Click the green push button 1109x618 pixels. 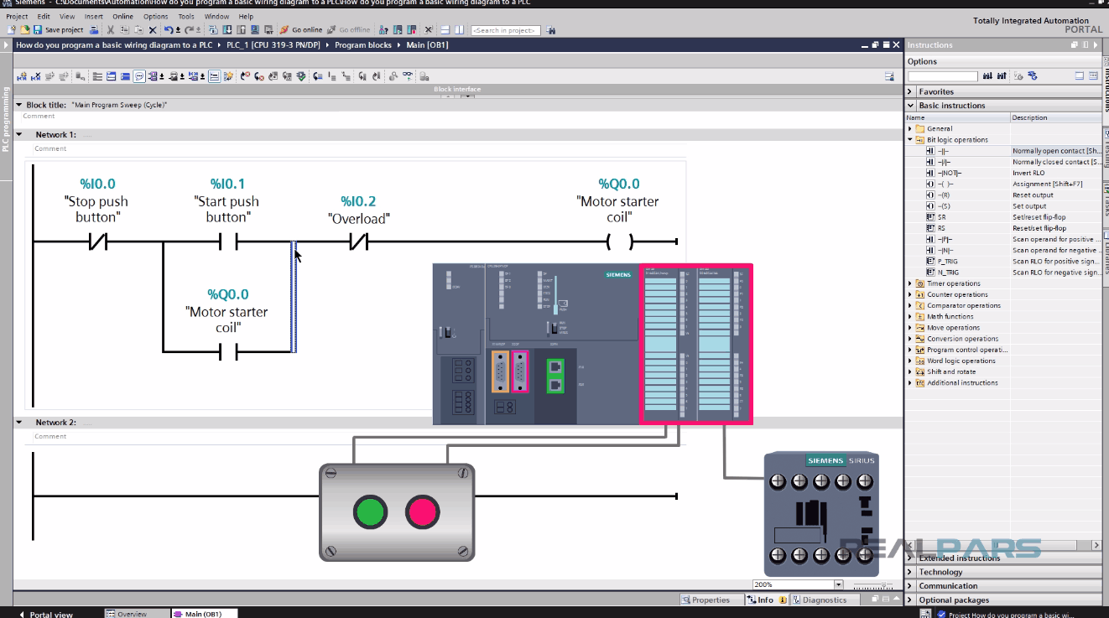(x=370, y=512)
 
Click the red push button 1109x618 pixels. (x=422, y=512)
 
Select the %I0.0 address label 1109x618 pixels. (x=97, y=184)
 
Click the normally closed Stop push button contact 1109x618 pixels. (x=97, y=242)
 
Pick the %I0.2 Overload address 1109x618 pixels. (x=358, y=201)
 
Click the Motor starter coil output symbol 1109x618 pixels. (x=619, y=242)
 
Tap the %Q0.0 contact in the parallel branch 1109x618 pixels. (x=227, y=352)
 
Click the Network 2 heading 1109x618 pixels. (x=55, y=423)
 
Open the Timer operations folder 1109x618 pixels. (x=953, y=283)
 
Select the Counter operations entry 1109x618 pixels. (x=956, y=294)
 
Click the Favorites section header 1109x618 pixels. (x=935, y=91)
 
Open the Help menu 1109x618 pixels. (x=246, y=16)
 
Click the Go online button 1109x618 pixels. (x=301, y=30)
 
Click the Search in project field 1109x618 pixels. (x=506, y=30)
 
